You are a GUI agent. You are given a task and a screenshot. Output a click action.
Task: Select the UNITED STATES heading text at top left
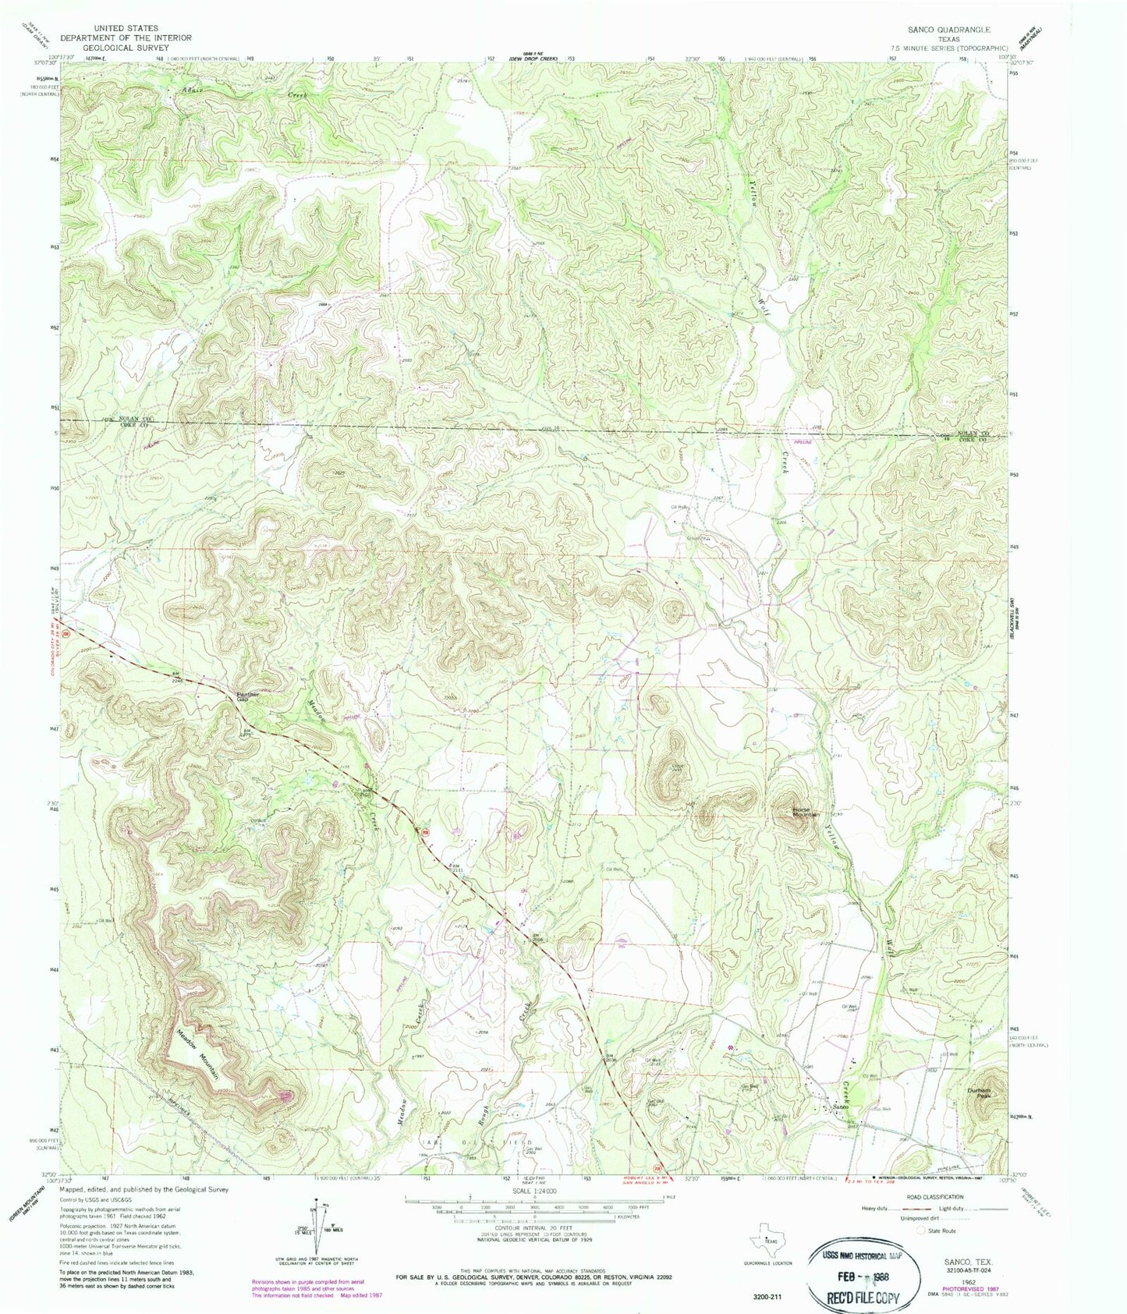point(126,27)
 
